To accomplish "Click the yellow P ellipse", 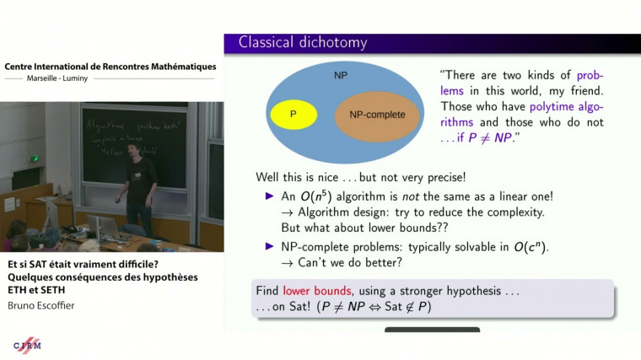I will tap(292, 114).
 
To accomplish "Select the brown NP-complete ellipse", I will tap(377, 115).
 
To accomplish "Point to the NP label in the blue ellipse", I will tap(340, 76).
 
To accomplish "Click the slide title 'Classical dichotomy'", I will tap(303, 42).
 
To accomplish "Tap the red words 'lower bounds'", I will tap(311, 289).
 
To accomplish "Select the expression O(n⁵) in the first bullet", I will tap(315, 196).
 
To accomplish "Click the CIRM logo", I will tap(29, 346).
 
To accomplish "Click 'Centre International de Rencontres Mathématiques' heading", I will tap(110, 67).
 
